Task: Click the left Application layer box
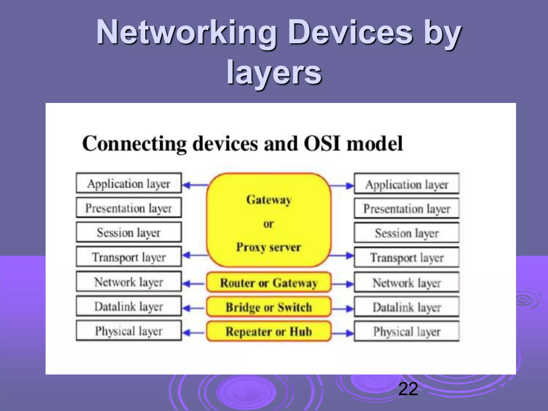coord(129,183)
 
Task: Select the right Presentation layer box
coord(406,208)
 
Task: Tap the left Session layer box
coord(129,232)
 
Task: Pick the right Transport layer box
coord(406,257)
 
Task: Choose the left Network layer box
coord(129,282)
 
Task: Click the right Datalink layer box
coord(406,307)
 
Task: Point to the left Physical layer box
coord(129,331)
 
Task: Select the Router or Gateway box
coord(269,283)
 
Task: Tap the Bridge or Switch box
coord(269,307)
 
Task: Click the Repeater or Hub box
coord(269,332)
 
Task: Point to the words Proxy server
coord(269,247)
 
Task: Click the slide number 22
coord(408,389)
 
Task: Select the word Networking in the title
coord(186,33)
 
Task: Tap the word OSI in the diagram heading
coord(322,143)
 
